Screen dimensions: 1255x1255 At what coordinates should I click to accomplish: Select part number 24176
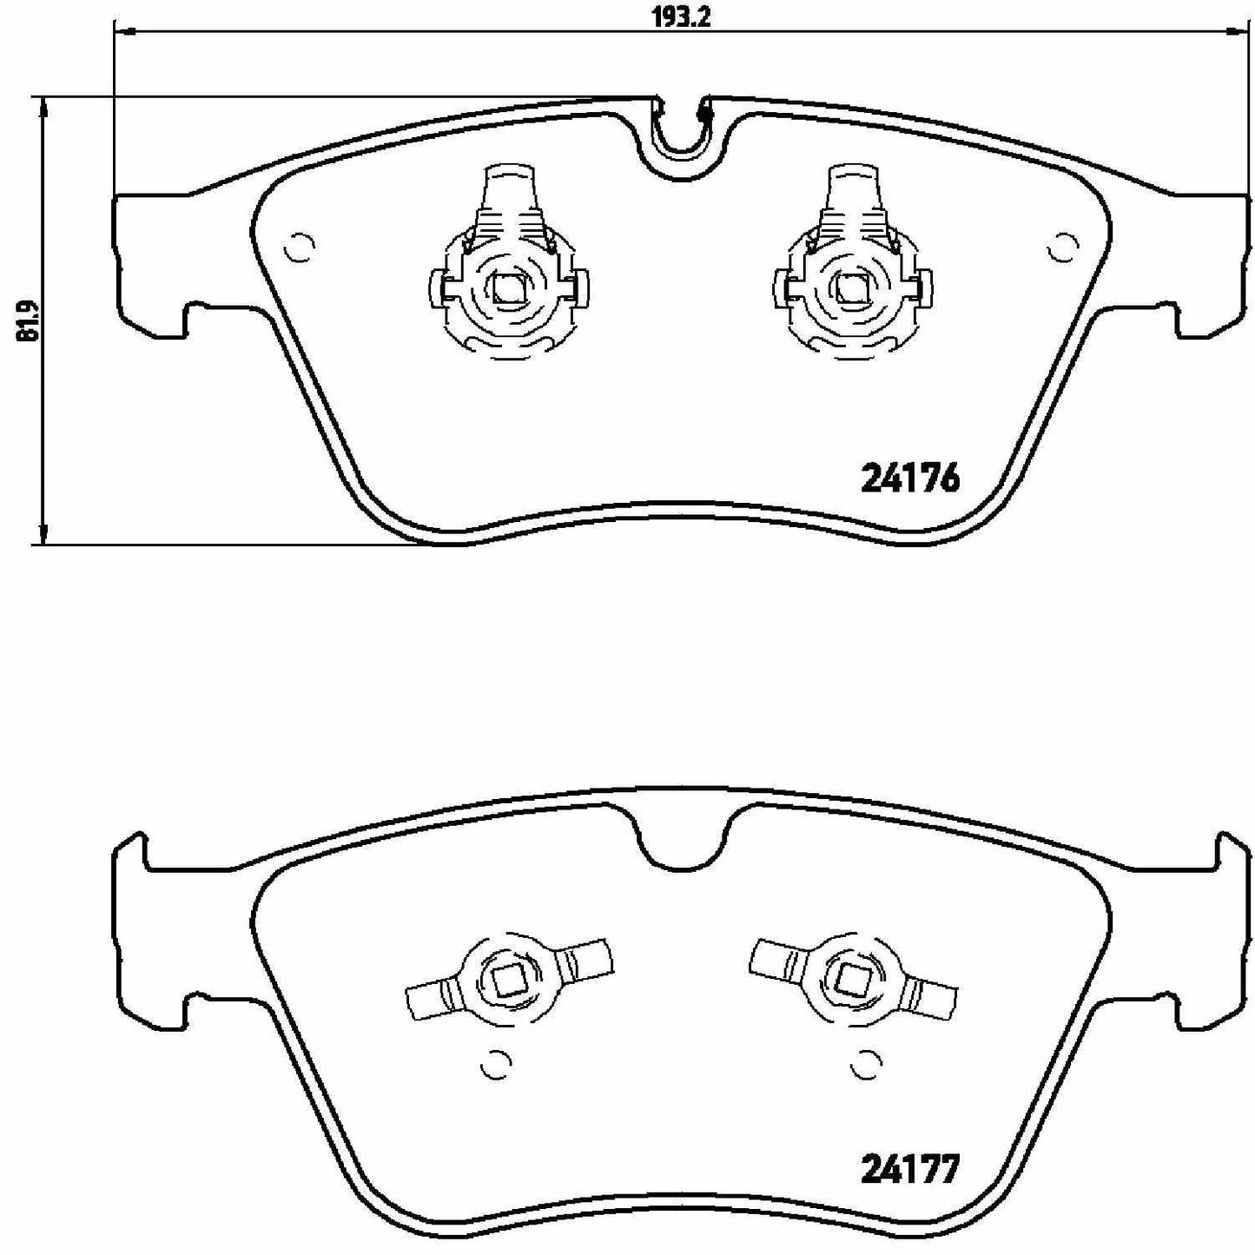tap(909, 479)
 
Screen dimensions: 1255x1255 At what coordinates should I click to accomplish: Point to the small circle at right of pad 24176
tap(1061, 248)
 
